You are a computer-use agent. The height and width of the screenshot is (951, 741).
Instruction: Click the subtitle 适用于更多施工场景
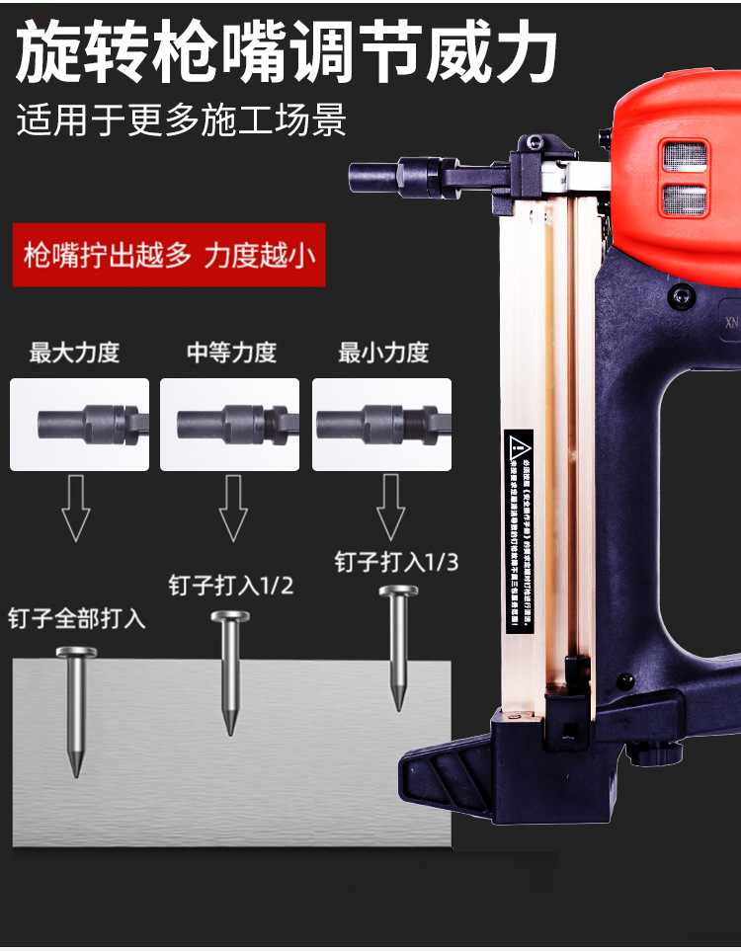point(182,120)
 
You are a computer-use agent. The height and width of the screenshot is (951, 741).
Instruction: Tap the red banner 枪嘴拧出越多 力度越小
point(169,257)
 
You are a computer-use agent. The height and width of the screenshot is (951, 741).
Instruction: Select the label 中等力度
point(232,353)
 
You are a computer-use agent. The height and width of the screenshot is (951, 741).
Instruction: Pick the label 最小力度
point(383,353)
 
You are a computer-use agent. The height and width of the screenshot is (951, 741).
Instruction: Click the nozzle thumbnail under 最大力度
point(79,425)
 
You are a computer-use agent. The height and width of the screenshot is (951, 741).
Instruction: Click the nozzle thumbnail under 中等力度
point(232,425)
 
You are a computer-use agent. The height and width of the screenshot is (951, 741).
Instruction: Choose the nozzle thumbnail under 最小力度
point(382,425)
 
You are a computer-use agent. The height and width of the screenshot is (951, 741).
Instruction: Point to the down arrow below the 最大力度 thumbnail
point(75,507)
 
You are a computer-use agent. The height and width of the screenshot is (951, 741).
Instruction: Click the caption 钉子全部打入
point(77,619)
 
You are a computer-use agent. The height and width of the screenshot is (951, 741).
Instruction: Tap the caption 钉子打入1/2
point(231,586)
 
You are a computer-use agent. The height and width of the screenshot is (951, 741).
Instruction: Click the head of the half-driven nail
point(229,618)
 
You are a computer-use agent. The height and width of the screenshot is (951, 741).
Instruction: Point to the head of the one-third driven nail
point(398,593)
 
